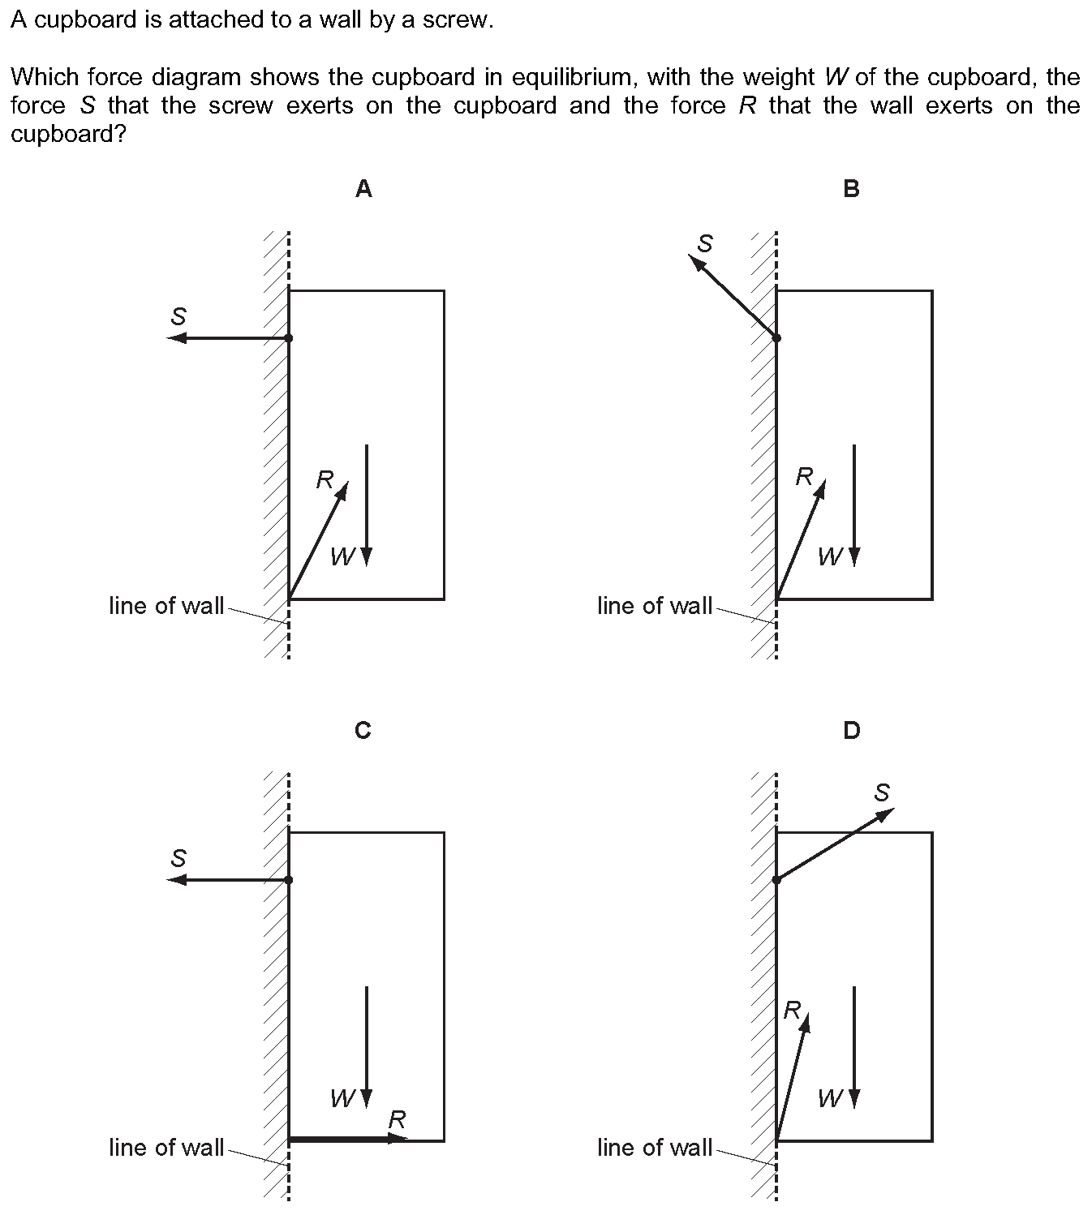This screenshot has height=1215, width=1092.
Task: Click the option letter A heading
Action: pyautogui.click(x=363, y=189)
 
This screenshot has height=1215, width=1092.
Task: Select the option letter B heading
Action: pyautogui.click(x=851, y=189)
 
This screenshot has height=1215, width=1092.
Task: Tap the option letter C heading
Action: pyautogui.click(x=363, y=731)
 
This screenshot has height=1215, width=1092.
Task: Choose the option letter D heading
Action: pyautogui.click(x=851, y=731)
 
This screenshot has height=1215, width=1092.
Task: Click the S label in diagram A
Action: pyautogui.click(x=178, y=316)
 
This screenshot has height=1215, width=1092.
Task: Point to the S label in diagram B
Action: pyautogui.click(x=705, y=243)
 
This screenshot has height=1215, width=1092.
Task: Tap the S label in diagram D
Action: pyautogui.click(x=881, y=792)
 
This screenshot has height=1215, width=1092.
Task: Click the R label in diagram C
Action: pyautogui.click(x=398, y=1119)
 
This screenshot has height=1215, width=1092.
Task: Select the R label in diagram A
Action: pyautogui.click(x=325, y=479)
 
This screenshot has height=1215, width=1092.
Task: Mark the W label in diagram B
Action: pyautogui.click(x=831, y=558)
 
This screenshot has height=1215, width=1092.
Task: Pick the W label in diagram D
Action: pyautogui.click(x=831, y=1099)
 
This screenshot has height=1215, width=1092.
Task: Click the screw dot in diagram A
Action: pyautogui.click(x=289, y=338)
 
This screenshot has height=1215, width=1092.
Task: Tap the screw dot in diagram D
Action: pyautogui.click(x=776, y=880)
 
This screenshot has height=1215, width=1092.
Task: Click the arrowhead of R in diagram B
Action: pyautogui.click(x=821, y=488)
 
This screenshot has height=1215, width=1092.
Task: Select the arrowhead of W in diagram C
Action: pyautogui.click(x=367, y=1098)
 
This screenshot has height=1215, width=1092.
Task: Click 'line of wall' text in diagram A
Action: pyautogui.click(x=166, y=606)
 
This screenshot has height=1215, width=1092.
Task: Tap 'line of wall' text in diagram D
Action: pyautogui.click(x=655, y=1147)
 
